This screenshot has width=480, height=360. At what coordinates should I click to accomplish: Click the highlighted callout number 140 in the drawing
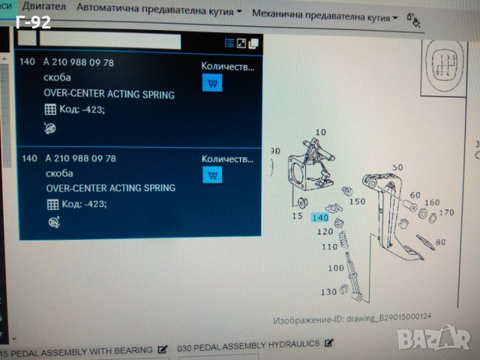pyautogui.click(x=319, y=218)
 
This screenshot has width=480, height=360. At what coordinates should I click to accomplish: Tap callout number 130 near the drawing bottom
pyautogui.click(x=329, y=291)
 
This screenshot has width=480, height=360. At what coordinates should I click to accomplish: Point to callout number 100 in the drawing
pyautogui.click(x=335, y=268)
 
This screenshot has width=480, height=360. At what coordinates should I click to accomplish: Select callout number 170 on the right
pyautogui.click(x=447, y=212)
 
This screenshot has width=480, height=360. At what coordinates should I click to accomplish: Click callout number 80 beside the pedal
pyautogui.click(x=439, y=241)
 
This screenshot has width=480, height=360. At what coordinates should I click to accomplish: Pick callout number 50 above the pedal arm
pyautogui.click(x=397, y=167)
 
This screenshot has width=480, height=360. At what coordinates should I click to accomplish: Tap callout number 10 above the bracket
pyautogui.click(x=320, y=133)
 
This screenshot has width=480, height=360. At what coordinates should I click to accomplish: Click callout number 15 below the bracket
pyautogui.click(x=297, y=216)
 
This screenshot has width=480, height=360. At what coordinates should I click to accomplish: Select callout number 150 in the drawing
pyautogui.click(x=358, y=201)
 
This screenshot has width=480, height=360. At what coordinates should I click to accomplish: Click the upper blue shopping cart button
pyautogui.click(x=212, y=83)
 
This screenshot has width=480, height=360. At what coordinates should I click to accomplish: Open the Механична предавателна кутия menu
pyautogui.click(x=325, y=13)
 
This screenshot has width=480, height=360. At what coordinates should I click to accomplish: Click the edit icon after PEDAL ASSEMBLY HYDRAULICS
pyautogui.click(x=327, y=343)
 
